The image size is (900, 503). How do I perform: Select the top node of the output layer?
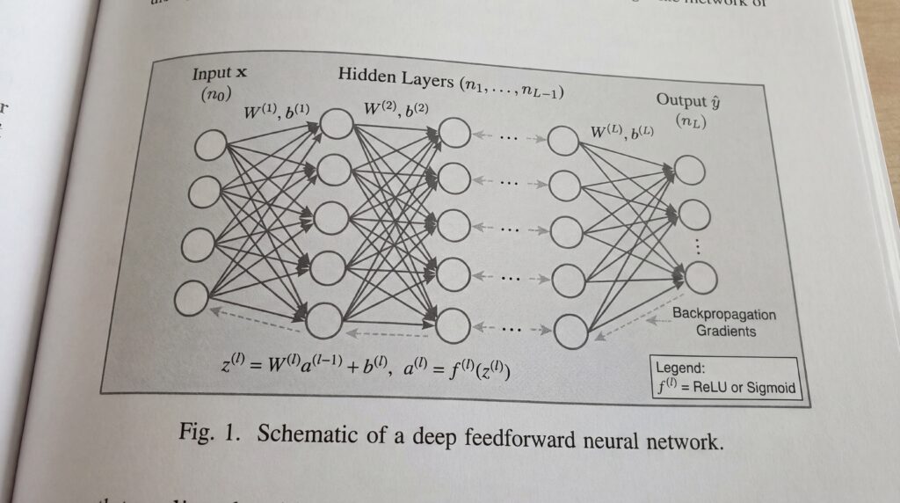pos(690,171)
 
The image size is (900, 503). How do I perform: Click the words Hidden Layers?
pos(395,76)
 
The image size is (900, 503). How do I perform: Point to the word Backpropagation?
pos(723,315)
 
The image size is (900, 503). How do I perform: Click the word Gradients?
pos(726,332)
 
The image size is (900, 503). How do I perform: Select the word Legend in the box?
pos(682,368)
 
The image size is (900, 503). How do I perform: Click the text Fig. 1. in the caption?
pos(207,432)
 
